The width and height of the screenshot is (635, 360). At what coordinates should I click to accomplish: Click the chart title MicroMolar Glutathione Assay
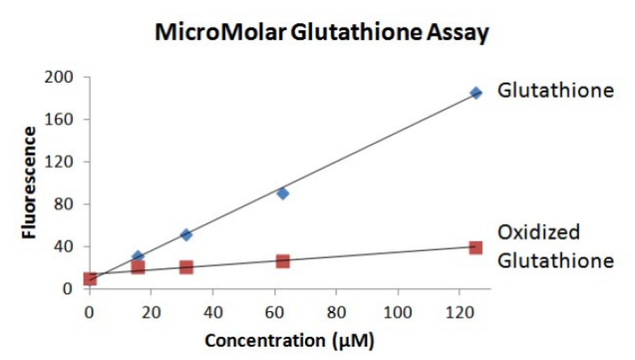(x=321, y=34)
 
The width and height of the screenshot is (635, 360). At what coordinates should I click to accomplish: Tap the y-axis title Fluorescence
(x=29, y=183)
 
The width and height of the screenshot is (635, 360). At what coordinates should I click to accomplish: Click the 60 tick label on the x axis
(x=274, y=312)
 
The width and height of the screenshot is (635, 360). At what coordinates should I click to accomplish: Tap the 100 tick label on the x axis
(x=398, y=312)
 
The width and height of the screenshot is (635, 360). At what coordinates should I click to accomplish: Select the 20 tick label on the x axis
(x=150, y=312)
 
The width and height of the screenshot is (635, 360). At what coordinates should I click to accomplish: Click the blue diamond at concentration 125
(x=476, y=92)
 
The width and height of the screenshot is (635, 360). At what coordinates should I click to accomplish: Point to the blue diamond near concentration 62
(x=283, y=193)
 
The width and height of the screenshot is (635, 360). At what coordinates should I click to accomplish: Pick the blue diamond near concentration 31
(x=186, y=235)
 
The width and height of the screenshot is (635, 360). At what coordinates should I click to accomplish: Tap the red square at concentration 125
(x=476, y=247)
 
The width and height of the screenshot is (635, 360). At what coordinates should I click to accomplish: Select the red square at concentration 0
(x=90, y=279)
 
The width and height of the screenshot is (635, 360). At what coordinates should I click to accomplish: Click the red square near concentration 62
(x=283, y=261)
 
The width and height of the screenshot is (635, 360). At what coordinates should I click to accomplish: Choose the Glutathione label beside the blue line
(x=556, y=91)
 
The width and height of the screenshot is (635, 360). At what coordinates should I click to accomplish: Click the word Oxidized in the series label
(x=538, y=233)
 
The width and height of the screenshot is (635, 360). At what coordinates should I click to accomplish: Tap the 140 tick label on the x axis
(x=521, y=312)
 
